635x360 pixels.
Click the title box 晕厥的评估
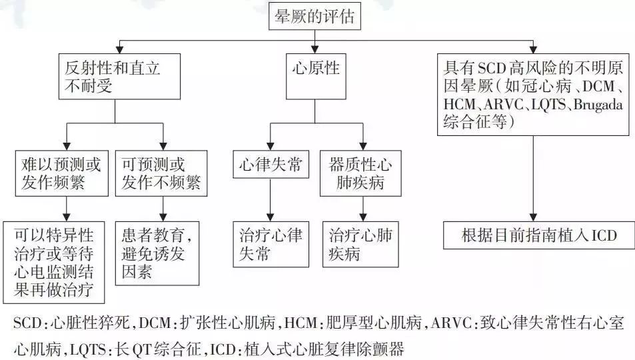tap(316, 17)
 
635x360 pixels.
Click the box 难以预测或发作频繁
tap(63, 173)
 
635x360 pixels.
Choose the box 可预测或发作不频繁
tap(162, 173)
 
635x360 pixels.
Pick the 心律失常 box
tap(270, 165)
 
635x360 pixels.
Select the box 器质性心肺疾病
tap(360, 173)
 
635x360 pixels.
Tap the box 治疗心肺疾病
tap(360, 244)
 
